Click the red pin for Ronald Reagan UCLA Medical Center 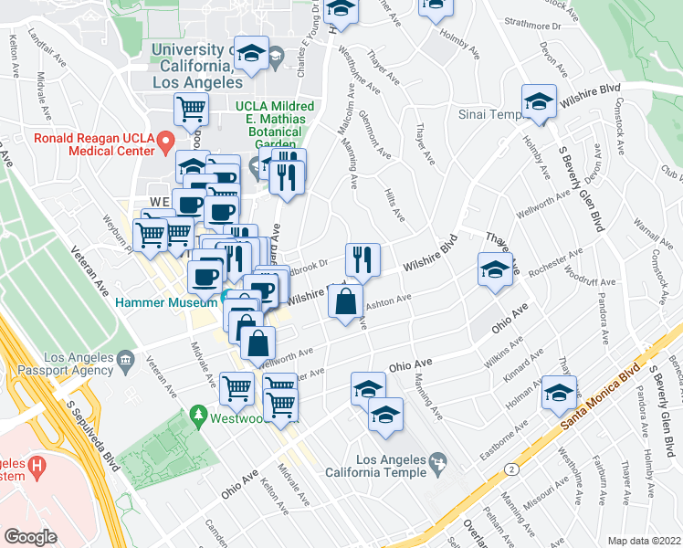[x=164, y=142]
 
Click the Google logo [x=31, y=536]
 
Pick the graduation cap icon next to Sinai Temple [x=540, y=102]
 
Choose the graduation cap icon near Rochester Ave [x=494, y=269]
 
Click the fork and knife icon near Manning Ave [x=363, y=258]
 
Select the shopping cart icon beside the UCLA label [x=192, y=110]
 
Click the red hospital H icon [x=36, y=467]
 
